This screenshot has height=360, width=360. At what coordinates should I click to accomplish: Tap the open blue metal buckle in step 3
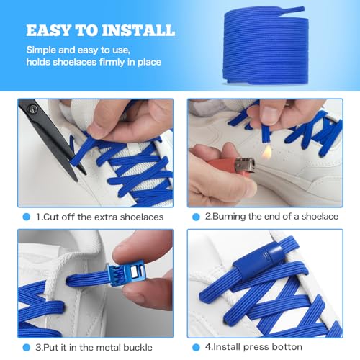click(108, 274)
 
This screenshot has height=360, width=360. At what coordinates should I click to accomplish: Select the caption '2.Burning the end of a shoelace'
click(273, 217)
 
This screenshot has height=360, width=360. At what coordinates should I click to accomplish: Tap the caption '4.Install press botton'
click(258, 348)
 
